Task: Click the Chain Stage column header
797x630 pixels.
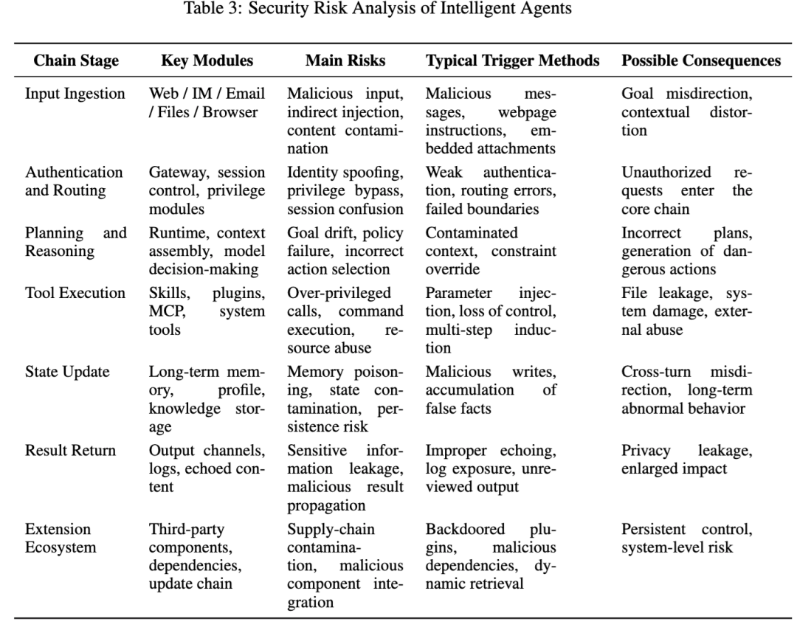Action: (76, 61)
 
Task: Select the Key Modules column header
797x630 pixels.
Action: (207, 61)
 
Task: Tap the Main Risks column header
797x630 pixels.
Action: (345, 61)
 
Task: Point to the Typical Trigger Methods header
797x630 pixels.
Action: (513, 61)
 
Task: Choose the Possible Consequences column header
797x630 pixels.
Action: (701, 61)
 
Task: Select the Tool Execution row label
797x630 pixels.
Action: (75, 292)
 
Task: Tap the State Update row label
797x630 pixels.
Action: (67, 371)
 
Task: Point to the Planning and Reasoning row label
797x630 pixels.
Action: (75, 242)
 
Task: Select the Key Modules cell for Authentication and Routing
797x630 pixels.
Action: (207, 190)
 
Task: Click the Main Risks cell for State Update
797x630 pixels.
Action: (345, 398)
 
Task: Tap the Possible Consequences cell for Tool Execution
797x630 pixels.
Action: (686, 311)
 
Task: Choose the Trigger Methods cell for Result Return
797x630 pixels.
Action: (491, 468)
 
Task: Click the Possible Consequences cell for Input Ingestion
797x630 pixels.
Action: (686, 112)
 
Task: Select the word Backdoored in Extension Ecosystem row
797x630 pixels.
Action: (466, 529)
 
